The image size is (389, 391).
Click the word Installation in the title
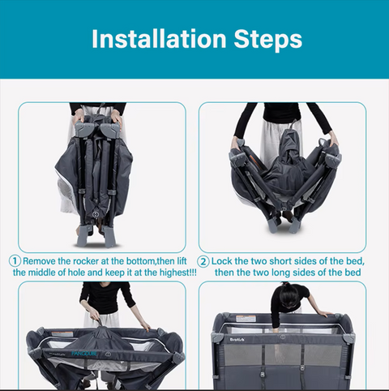159,39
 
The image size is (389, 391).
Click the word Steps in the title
268,40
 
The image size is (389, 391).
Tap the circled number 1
15,261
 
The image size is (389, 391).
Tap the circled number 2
203,261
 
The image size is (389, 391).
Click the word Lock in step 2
221,261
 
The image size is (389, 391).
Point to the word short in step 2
280,261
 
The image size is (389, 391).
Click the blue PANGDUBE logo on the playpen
84,354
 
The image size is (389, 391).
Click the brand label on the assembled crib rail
237,339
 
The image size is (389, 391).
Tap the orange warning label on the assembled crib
246,319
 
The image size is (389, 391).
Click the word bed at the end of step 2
353,273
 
